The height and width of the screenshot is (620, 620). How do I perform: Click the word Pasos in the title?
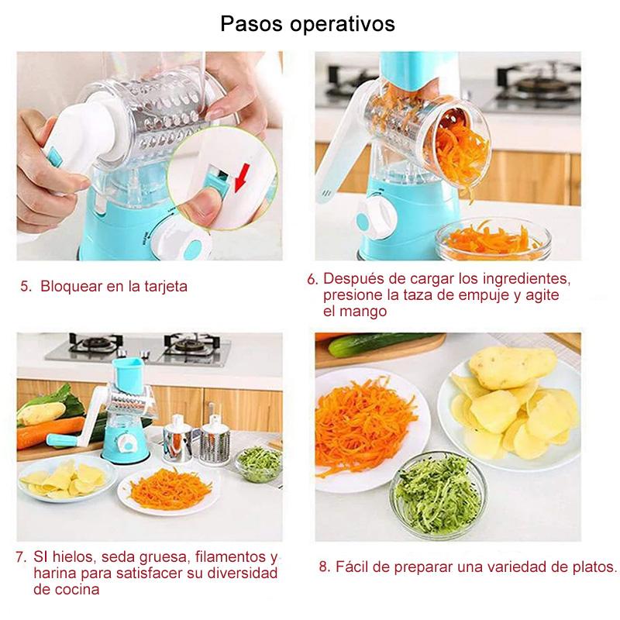coord(251,23)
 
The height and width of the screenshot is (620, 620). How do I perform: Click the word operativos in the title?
coord(343,25)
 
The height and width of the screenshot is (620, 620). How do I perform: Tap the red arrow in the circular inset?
coord(242,177)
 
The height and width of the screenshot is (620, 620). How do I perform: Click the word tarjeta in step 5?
coord(166,286)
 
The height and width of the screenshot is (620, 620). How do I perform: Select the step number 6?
coord(312,280)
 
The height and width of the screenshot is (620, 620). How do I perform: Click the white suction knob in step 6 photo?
coord(376,219)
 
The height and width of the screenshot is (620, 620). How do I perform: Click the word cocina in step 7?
coord(77,590)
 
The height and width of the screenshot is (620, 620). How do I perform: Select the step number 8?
coord(324,567)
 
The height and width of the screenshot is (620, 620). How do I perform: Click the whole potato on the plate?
coord(512,367)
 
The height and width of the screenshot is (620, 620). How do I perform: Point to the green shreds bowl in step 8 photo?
coord(439,494)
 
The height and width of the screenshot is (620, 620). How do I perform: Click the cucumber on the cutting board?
coord(380,343)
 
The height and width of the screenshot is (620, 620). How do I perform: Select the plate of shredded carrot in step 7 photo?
coord(169,491)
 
